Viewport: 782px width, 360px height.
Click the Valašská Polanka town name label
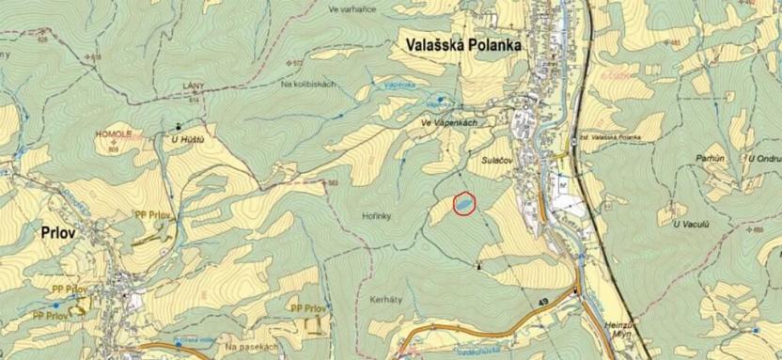(464, 43)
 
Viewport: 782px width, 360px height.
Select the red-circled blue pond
(463, 202)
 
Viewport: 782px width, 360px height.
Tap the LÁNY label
(193, 86)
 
